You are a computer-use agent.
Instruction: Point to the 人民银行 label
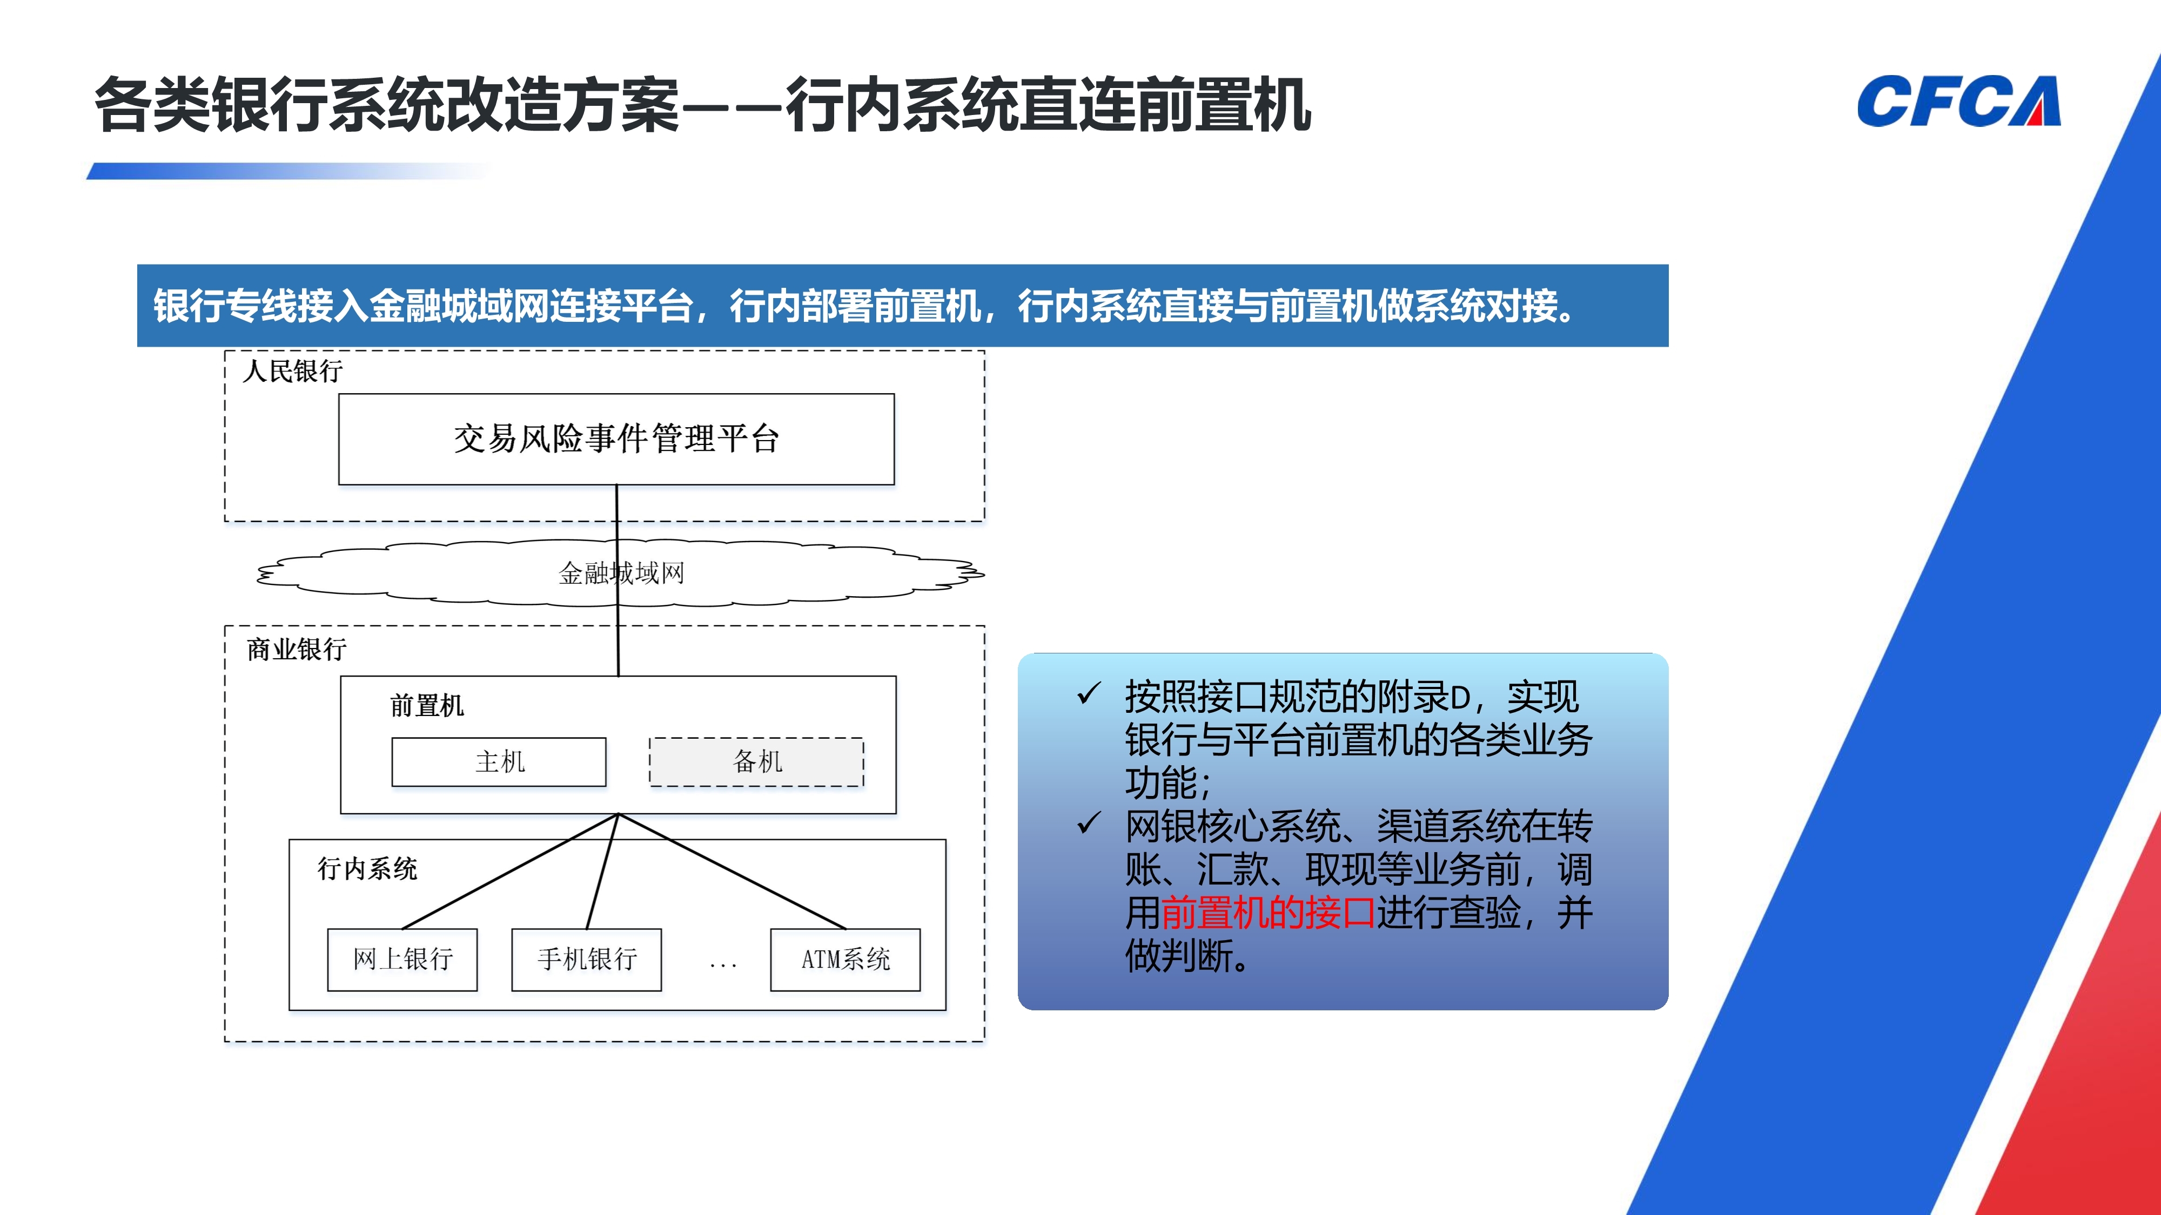click(x=293, y=370)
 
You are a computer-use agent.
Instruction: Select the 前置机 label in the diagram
click(x=427, y=705)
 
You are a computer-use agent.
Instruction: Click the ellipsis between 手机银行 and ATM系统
click(x=723, y=966)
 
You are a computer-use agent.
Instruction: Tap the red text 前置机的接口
click(x=1267, y=912)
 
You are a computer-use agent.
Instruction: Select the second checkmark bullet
click(x=1089, y=823)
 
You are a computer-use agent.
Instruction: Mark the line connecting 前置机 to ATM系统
click(x=731, y=871)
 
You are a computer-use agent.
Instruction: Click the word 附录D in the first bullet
click(x=1428, y=697)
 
